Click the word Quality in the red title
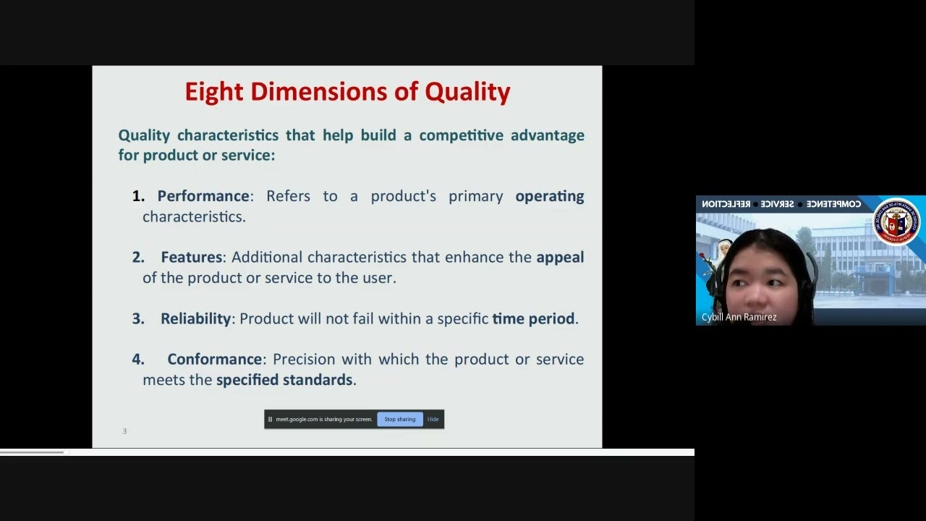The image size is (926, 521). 467,92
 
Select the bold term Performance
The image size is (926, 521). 203,196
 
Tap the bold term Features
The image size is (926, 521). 192,257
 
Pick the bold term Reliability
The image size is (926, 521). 195,318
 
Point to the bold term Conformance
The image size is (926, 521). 215,359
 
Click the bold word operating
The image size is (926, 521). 549,196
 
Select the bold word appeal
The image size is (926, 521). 559,257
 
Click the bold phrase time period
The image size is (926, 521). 533,318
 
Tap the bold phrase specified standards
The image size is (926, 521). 284,380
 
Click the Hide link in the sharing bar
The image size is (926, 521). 433,419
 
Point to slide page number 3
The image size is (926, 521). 124,431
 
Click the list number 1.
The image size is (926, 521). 137,196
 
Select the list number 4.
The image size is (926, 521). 137,359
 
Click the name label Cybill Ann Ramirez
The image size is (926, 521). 739,317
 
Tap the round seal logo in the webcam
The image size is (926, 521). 896,221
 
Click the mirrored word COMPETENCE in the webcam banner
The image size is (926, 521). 833,204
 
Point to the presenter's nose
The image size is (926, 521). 754,293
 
